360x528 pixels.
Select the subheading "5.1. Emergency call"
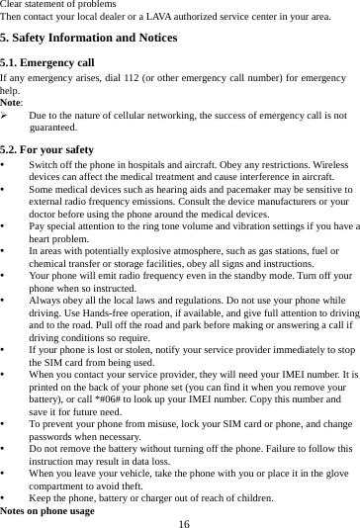point(47,61)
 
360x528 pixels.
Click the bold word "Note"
point(11,102)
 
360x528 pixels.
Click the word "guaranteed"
point(54,128)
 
